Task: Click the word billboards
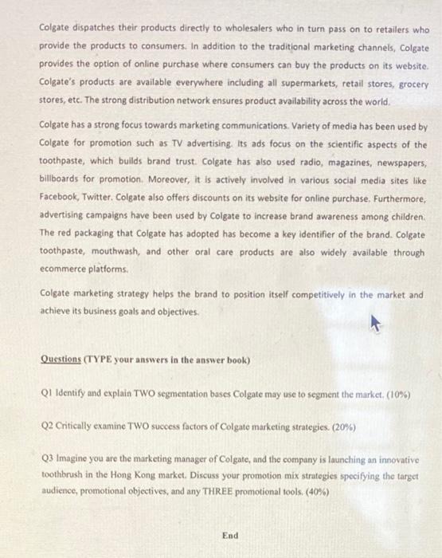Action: click(63, 182)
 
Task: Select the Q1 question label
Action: click(47, 394)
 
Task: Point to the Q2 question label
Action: click(47, 427)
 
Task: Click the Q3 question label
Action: click(47, 461)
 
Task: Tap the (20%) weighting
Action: click(344, 427)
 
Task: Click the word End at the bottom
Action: click(230, 536)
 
